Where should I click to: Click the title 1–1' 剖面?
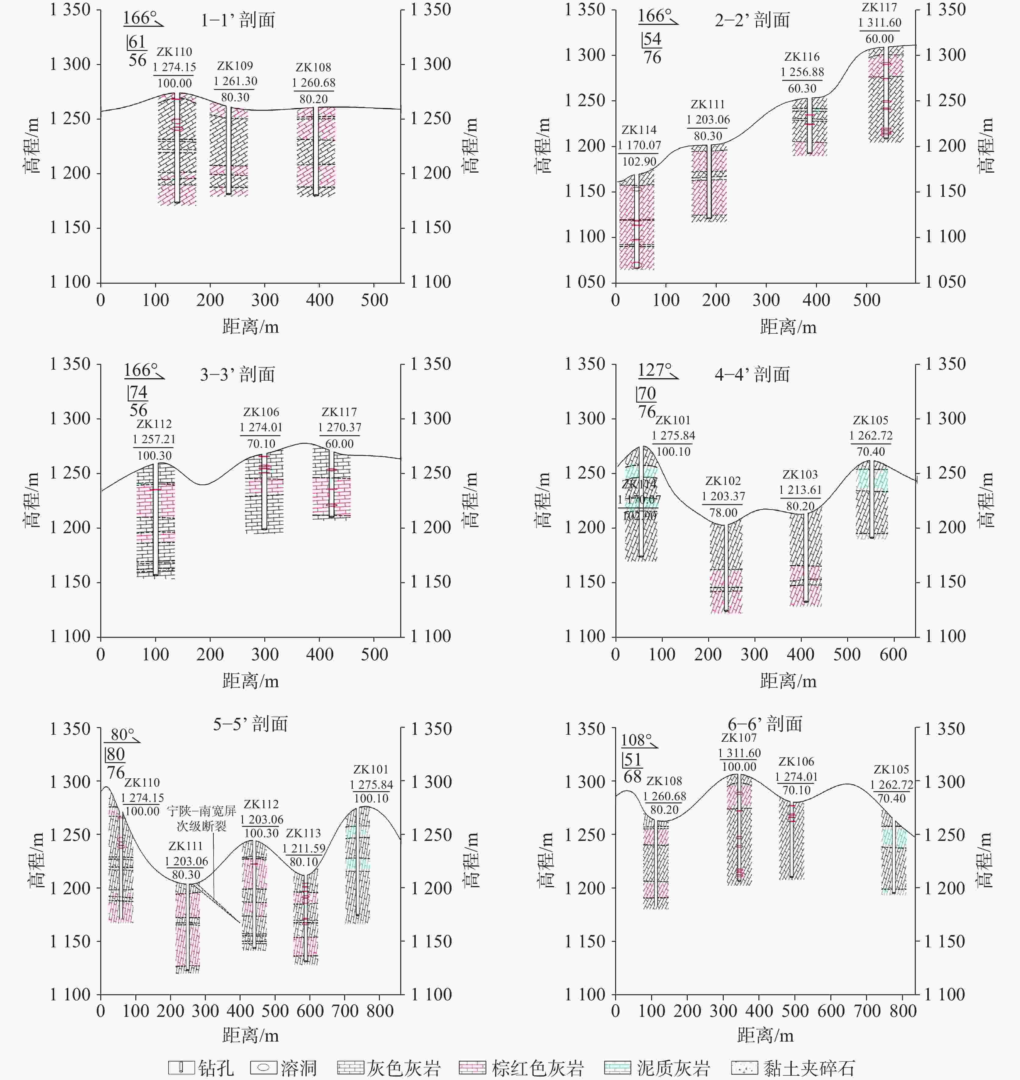237,20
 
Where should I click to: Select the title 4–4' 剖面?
752,374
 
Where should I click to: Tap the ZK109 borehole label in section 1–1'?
235,66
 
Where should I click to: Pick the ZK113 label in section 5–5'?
303,833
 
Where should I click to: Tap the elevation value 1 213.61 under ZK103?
800,490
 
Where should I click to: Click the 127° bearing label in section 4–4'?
654,370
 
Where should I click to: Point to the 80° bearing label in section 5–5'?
122,734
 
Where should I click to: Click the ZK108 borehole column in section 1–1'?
316,151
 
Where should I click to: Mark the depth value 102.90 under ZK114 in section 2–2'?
639,162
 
